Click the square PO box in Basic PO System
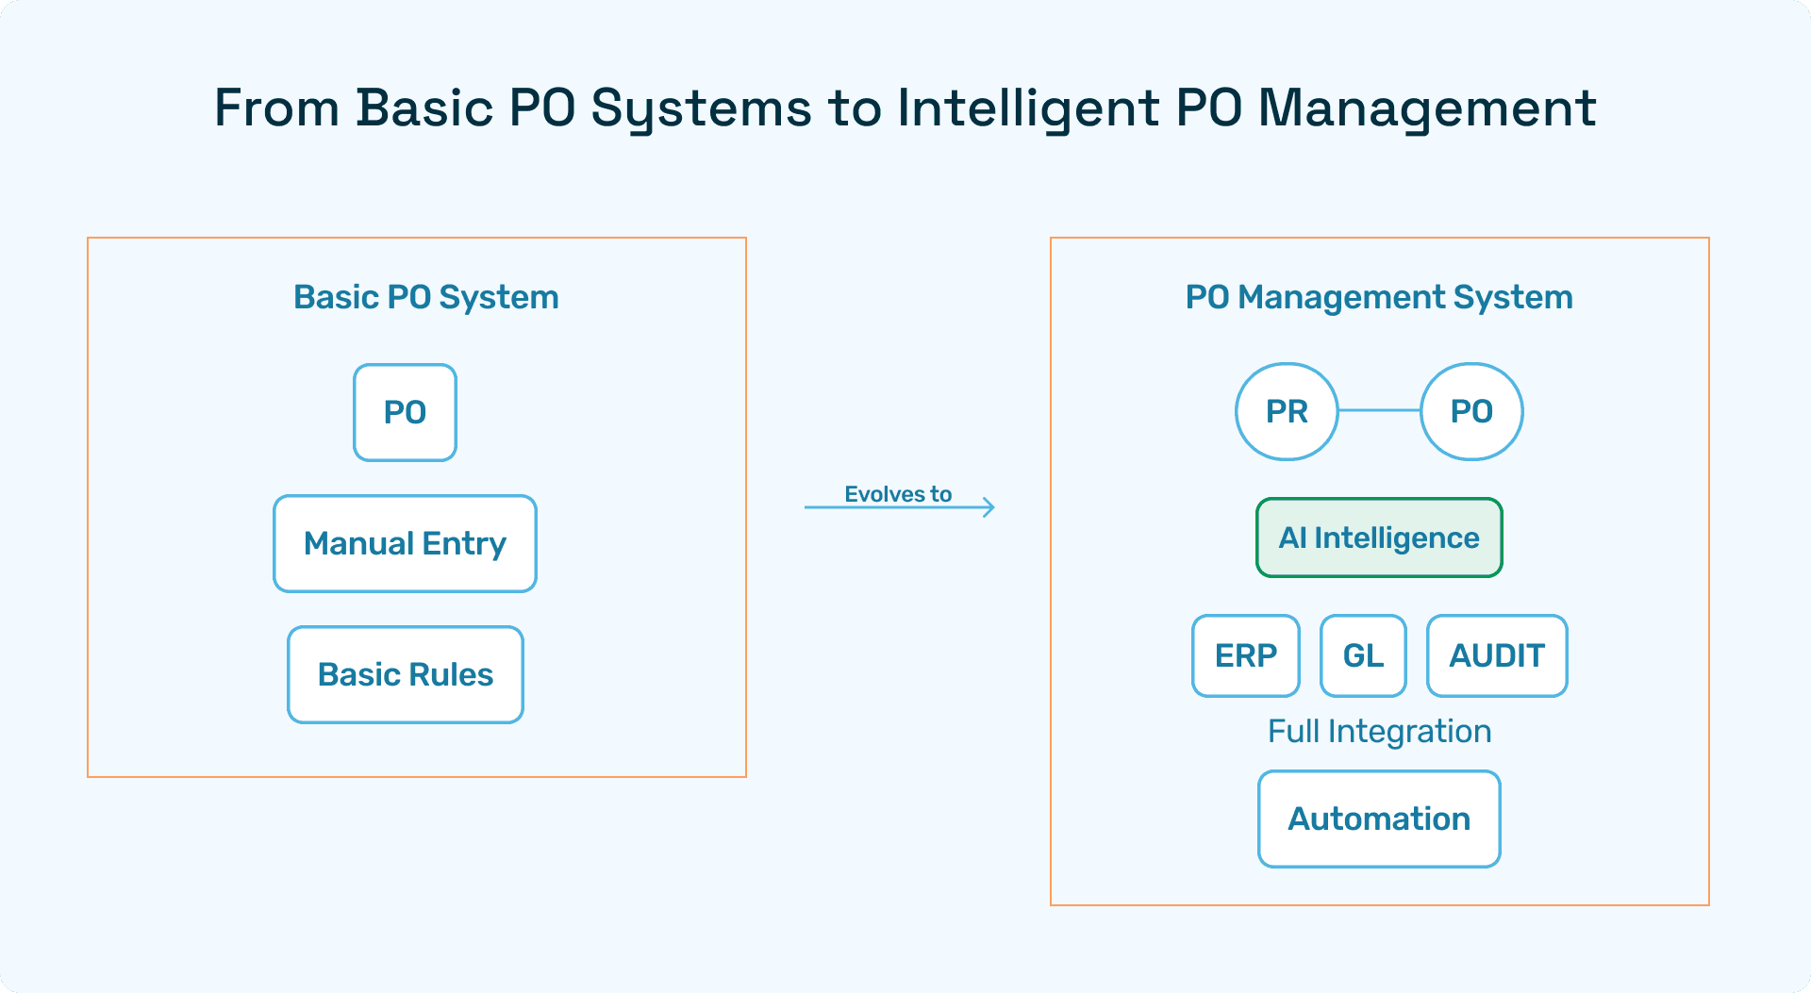coord(405,412)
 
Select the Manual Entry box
coord(405,543)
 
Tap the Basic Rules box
coord(406,674)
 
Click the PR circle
coord(1287,411)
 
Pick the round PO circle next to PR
coord(1471,411)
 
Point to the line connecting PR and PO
coord(1379,410)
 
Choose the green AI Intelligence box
coord(1379,538)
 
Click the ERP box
coord(1246,655)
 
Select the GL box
coord(1363,655)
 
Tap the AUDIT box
coord(1497,655)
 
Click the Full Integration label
coord(1379,732)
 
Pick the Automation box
coord(1379,819)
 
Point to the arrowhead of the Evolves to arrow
coord(992,507)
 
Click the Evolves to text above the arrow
coord(898,494)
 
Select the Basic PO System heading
coord(426,297)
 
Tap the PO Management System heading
coord(1379,297)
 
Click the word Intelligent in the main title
coord(1028,108)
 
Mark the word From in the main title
coord(276,108)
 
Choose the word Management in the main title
coord(1427,109)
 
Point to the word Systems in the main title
coord(701,109)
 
